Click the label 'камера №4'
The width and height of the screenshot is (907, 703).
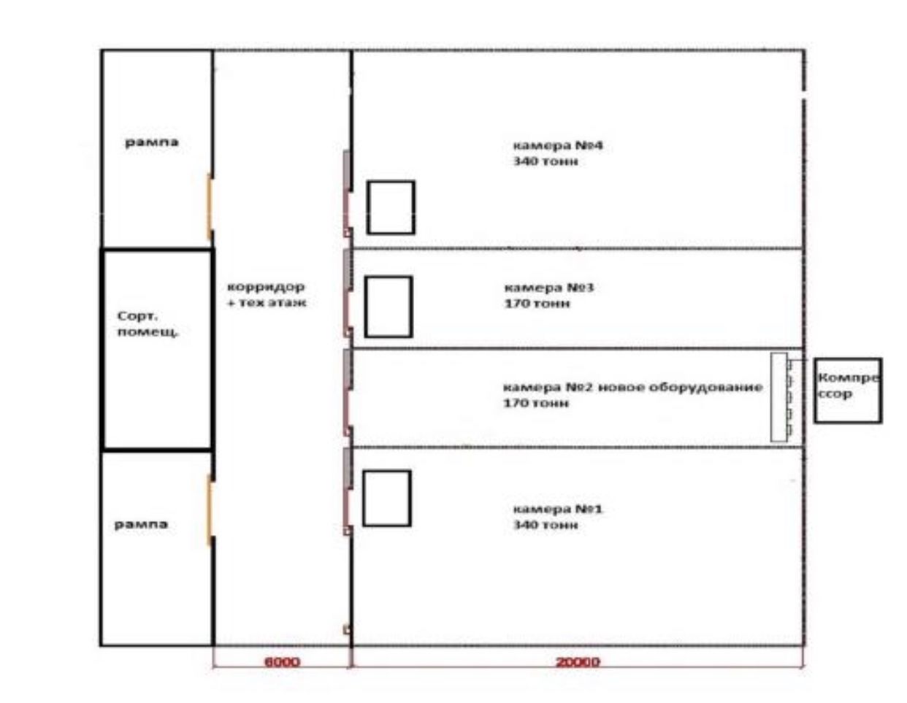pos(558,145)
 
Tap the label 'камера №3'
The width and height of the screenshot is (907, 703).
pos(549,288)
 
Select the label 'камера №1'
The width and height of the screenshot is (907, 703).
pos(558,509)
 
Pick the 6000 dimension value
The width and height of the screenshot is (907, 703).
pos(282,662)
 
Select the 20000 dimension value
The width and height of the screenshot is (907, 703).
pos(578,662)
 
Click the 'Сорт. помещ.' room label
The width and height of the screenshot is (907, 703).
pos(148,323)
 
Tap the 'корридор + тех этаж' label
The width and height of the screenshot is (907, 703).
pos(267,294)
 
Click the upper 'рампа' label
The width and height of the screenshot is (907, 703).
pos(151,142)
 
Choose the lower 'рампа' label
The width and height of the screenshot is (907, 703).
pos(141,524)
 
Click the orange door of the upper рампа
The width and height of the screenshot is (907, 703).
pos(209,207)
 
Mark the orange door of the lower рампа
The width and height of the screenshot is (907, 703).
pos(209,510)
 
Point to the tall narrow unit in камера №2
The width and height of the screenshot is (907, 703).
pos(779,397)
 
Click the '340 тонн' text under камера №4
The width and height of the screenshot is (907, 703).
pos(546,161)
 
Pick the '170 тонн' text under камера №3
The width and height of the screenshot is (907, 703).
pos(537,303)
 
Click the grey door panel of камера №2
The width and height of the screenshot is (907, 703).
pos(348,370)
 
